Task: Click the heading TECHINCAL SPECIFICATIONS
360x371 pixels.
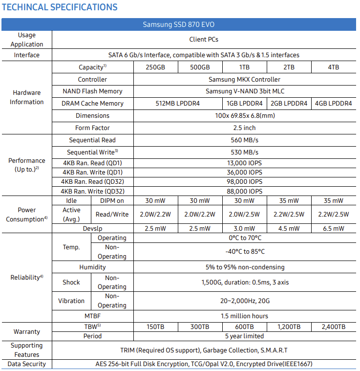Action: [60, 7]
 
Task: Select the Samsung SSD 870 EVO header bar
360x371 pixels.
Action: [179, 24]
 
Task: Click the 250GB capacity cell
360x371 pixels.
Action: [155, 67]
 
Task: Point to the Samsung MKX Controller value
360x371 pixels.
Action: [244, 79]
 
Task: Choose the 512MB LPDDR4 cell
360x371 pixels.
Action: [177, 103]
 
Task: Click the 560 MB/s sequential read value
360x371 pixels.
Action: [244, 140]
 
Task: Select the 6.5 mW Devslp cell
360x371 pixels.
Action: [333, 228]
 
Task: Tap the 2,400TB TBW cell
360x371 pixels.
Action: [333, 327]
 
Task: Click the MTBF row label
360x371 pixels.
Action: [92, 316]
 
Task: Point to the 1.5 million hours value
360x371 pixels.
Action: [244, 316]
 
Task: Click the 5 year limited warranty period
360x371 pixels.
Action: [244, 336]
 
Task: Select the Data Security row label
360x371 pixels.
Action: [27, 364]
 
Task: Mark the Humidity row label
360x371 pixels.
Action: [92, 267]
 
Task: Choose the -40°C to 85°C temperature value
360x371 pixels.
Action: [244, 251]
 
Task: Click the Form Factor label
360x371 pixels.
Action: [92, 128]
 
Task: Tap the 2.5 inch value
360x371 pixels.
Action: [244, 128]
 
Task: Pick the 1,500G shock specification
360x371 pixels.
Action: [244, 282]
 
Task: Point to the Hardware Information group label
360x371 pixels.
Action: [27, 97]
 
